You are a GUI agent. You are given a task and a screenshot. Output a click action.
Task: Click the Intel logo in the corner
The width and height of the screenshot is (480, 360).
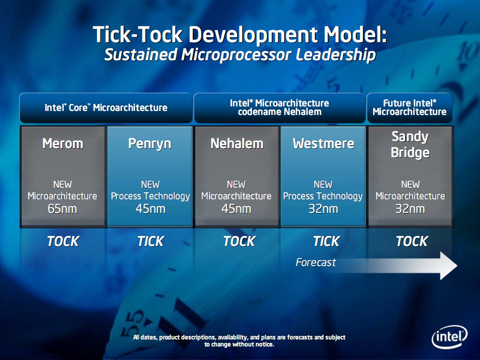(x=449, y=337)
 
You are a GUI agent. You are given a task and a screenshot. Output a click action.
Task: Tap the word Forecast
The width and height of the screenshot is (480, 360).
(x=316, y=263)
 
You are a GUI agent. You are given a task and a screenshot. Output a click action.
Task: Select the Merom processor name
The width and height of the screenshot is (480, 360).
(x=63, y=143)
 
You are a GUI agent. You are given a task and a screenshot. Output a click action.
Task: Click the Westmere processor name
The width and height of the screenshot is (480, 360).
(x=323, y=143)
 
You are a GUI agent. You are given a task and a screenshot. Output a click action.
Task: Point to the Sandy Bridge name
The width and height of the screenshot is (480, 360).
(x=410, y=145)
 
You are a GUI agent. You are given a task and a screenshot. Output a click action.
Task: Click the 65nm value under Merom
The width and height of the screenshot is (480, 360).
(x=62, y=209)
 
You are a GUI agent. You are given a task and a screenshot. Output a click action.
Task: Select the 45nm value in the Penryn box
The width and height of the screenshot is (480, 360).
(x=150, y=209)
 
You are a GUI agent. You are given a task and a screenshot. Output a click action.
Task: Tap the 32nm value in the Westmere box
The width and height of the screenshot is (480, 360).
(x=323, y=209)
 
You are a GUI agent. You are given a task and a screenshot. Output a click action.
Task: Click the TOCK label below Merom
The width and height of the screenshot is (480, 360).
(x=63, y=241)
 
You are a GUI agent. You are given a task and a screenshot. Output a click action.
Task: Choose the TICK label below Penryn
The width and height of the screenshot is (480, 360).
(x=151, y=241)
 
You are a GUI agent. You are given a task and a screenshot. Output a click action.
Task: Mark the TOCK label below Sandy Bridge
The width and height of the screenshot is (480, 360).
(x=412, y=241)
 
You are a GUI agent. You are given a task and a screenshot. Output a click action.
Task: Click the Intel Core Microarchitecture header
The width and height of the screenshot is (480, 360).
(x=106, y=107)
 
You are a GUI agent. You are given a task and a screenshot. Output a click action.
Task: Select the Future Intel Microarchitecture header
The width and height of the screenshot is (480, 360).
(x=410, y=107)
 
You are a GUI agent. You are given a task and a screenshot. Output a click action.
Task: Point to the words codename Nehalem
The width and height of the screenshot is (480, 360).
(x=280, y=112)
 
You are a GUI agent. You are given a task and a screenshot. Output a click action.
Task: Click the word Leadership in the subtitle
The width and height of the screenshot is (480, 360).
(x=336, y=55)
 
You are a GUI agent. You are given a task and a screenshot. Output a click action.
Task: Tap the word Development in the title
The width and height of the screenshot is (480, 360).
(x=253, y=35)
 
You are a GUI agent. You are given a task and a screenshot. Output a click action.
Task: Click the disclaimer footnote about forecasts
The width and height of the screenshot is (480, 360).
(x=239, y=341)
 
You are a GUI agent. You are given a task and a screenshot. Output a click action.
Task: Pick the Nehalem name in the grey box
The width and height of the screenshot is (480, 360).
(x=237, y=143)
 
